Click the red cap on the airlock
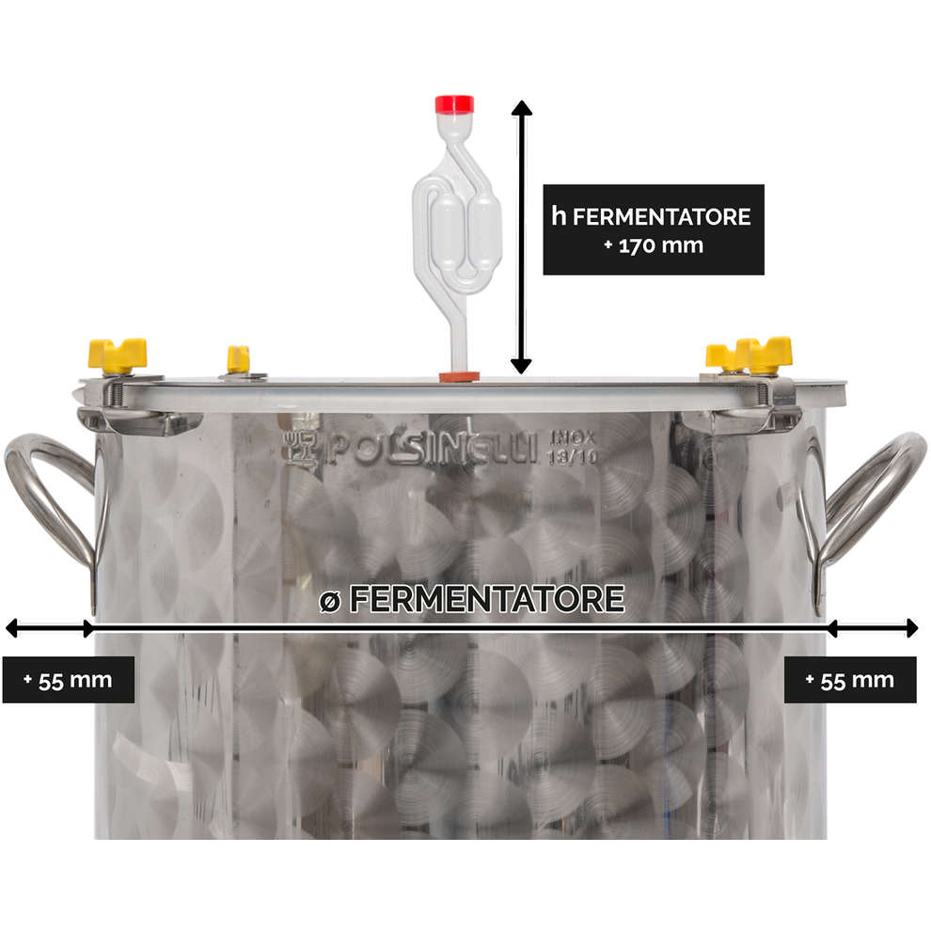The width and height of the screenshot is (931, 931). tap(454, 103)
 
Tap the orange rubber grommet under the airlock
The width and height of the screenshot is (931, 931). tap(459, 376)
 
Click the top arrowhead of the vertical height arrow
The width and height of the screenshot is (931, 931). tap(521, 107)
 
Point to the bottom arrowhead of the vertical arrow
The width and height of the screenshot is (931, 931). tap(521, 367)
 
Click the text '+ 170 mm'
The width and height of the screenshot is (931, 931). tap(654, 245)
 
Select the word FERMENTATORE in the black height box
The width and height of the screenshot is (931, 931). tap(661, 216)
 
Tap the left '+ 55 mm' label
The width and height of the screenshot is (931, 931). tap(69, 680)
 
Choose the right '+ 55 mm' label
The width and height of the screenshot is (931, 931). tap(850, 680)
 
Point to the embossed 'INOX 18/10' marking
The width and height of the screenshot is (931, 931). tap(573, 448)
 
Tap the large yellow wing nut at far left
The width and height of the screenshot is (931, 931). tap(118, 355)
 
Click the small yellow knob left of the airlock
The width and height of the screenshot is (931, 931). tap(238, 359)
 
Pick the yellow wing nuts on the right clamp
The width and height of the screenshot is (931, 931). tap(750, 355)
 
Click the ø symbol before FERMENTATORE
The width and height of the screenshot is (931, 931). tap(330, 602)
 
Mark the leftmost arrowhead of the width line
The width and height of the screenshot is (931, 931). tap(10, 627)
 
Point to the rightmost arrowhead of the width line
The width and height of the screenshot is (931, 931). tap(911, 627)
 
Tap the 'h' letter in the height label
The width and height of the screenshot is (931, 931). tap(558, 215)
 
